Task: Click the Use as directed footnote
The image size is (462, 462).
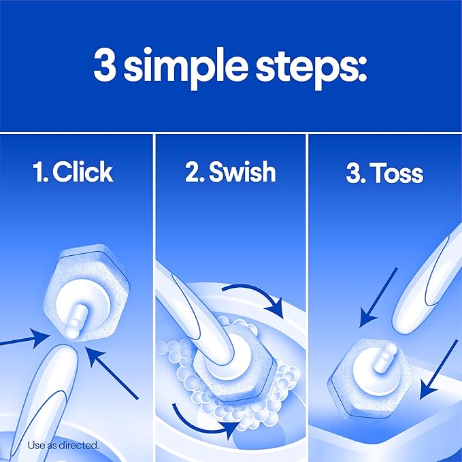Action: [64, 446]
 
